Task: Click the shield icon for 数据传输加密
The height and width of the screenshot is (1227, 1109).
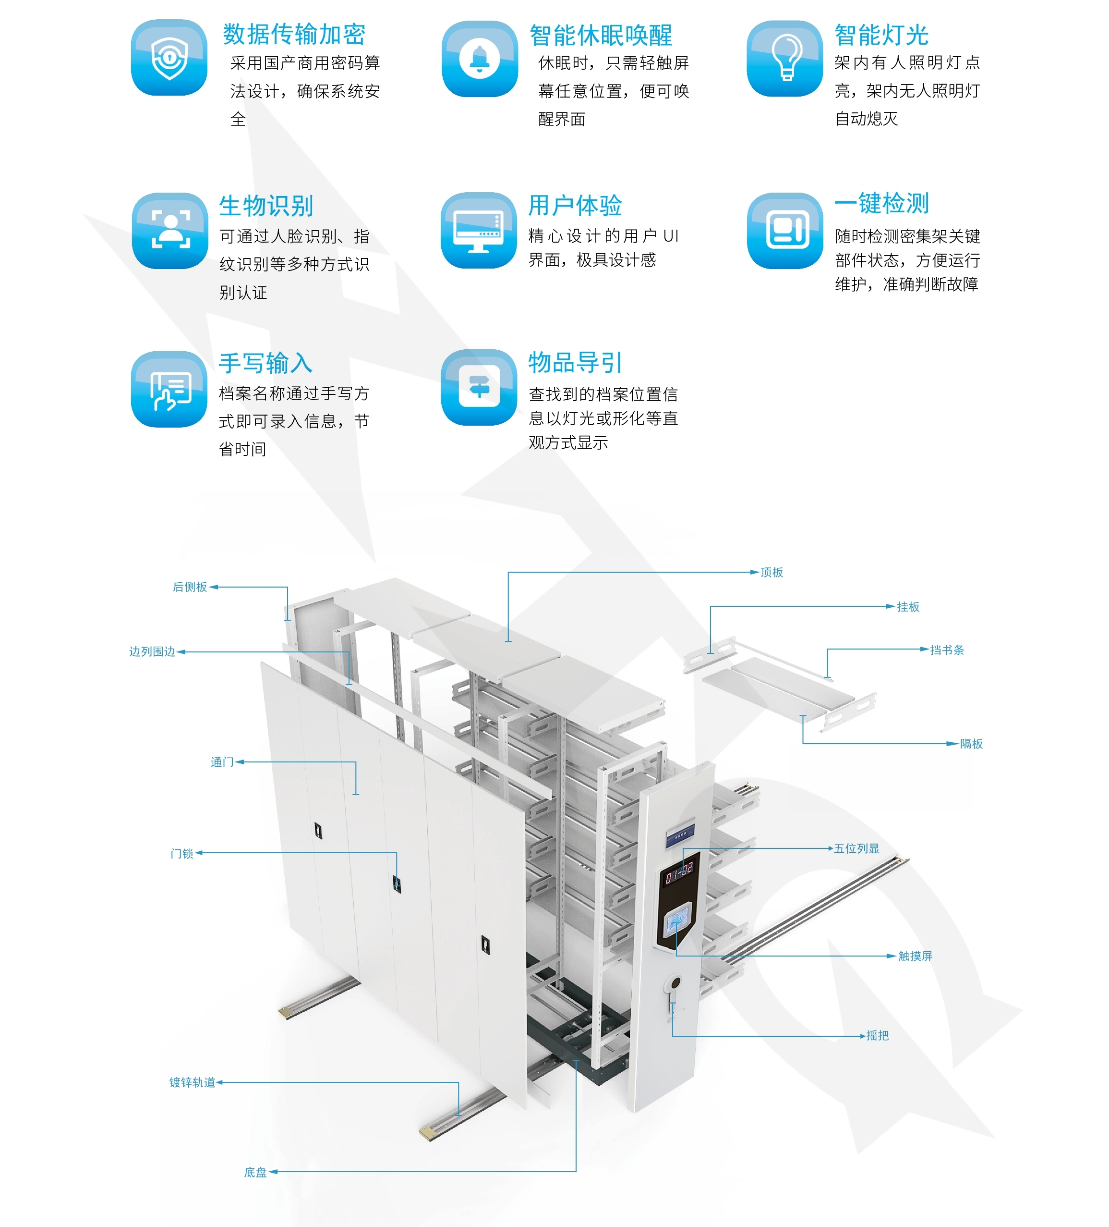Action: pos(169,58)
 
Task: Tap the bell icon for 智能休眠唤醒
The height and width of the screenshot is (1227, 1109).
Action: pos(480,59)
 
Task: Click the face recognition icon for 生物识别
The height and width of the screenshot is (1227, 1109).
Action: pos(170,231)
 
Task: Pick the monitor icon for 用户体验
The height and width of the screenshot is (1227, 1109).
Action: pos(478,231)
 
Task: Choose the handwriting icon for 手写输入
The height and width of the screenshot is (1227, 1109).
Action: pos(169,390)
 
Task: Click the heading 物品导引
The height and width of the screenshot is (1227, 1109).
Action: pos(574,363)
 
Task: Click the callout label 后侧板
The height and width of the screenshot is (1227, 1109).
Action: pos(190,587)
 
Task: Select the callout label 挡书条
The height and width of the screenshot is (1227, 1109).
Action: pos(947,650)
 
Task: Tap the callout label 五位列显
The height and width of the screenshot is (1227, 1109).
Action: pos(856,848)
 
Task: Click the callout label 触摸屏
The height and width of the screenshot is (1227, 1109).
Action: pos(915,956)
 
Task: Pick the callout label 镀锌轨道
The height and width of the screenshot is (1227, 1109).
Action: pos(192,1082)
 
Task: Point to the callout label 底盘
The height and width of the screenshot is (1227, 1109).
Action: pos(255,1172)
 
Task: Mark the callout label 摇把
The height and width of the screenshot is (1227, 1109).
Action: pos(877,1035)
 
